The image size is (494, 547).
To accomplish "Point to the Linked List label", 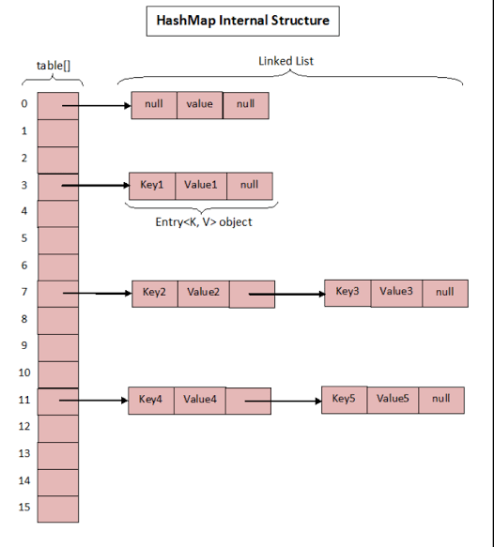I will pos(286,61).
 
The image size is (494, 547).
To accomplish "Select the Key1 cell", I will pos(151,185).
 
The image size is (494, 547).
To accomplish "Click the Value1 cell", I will pos(201,185).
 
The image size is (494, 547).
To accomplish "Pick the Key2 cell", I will pos(154,293).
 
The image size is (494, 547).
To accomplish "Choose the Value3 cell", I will pos(396,292).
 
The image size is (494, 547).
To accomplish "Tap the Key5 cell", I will pos(344,399).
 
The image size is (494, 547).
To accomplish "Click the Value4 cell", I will pos(199,400).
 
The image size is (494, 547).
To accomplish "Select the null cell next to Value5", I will pos(440,399).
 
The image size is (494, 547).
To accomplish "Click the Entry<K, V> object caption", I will pos(203,222).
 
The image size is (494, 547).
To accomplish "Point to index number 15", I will pos(23,508).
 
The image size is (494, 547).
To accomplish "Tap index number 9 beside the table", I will pos(23,346).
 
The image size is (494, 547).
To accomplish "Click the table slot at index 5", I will pos(58,239).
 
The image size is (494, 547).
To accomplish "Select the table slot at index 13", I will pos(58,454).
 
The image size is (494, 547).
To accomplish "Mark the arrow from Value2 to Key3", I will pos(286,295).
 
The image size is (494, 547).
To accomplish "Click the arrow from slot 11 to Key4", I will pos(94,402).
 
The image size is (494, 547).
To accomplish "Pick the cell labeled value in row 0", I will pos(199,104).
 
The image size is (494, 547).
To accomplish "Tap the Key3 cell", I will pos(347,292).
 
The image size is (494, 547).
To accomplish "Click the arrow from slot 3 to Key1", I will pos(94,186).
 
